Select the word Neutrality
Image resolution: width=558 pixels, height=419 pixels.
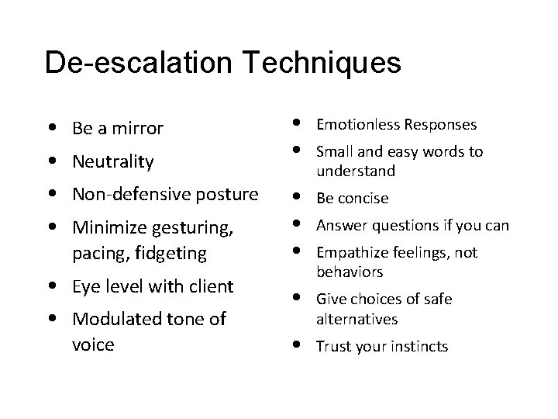click(112, 162)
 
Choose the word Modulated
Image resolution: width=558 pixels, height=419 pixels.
click(118, 320)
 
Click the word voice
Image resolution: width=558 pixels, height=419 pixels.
click(92, 344)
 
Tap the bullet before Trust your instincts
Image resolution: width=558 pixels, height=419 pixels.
click(298, 345)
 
